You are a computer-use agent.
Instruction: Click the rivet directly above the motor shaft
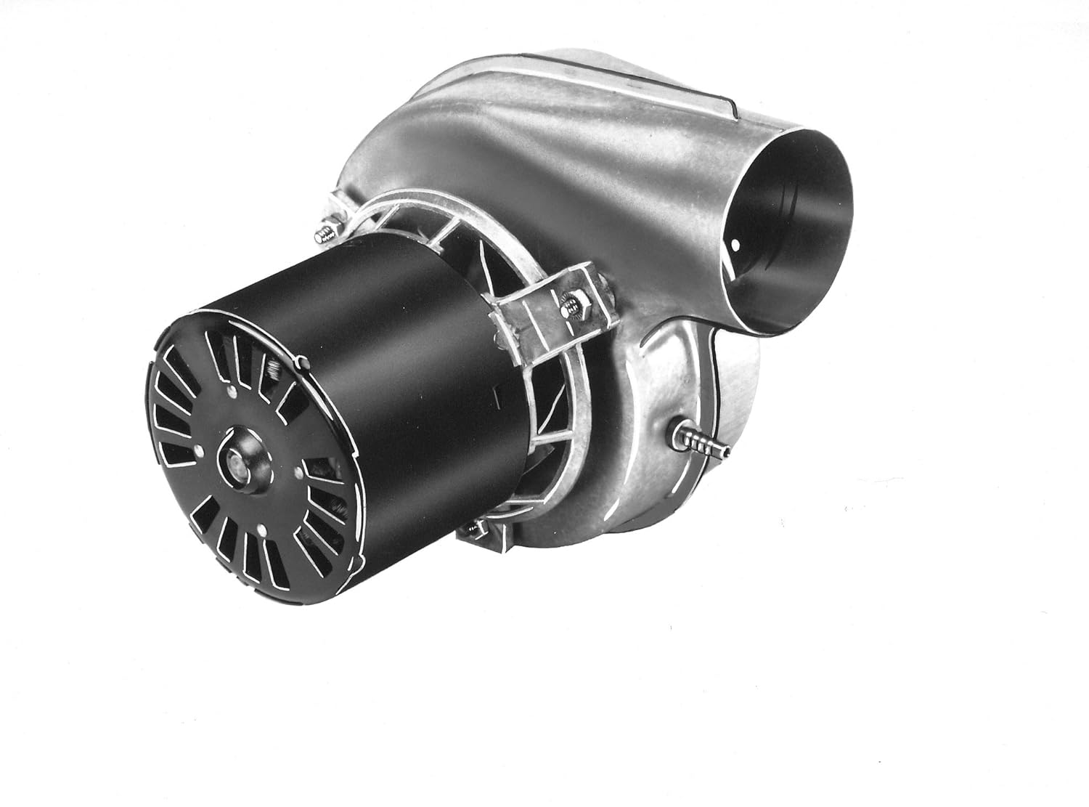pyautogui.click(x=231, y=393)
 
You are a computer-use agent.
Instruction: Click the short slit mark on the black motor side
pyautogui.click(x=495, y=393)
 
